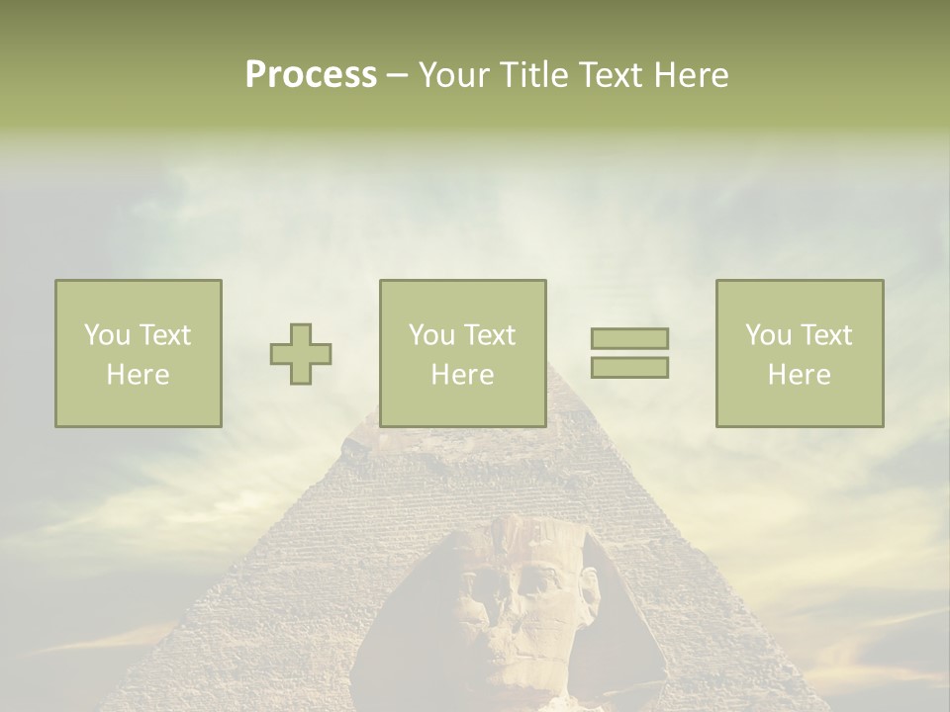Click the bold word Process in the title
coord(311,75)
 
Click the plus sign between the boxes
coord(301,354)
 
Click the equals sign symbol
coord(629,353)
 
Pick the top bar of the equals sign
coord(629,338)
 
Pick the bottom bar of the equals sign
coord(629,368)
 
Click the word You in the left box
coord(106,335)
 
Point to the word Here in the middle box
coord(463,375)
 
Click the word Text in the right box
coord(824,335)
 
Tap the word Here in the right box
coord(800,375)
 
